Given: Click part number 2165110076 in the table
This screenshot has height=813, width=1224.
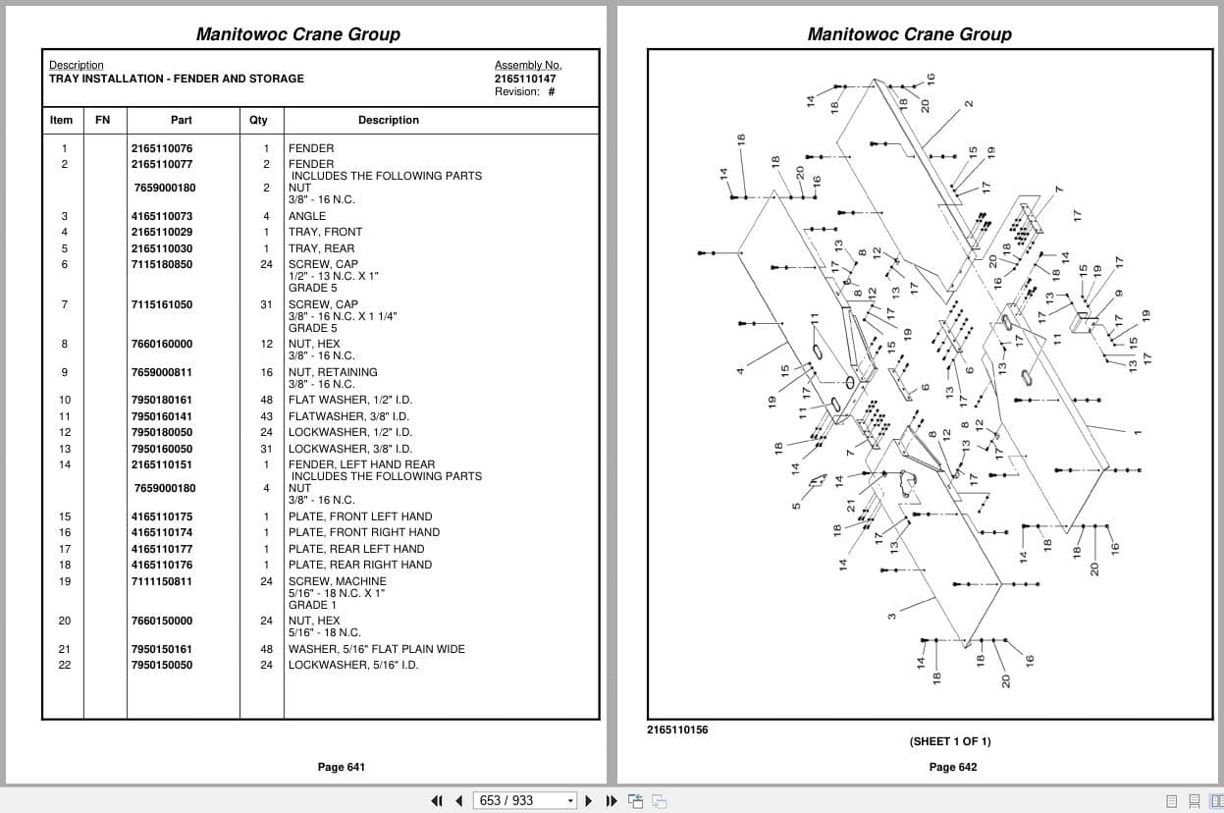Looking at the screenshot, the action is point(162,148).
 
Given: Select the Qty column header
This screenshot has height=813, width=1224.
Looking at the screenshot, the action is point(258,120).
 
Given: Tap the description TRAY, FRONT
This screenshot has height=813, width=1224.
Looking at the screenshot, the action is point(325,232).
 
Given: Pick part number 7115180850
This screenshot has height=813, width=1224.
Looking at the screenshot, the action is point(162,264).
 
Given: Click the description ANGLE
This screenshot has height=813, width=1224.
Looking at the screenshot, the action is point(307,216).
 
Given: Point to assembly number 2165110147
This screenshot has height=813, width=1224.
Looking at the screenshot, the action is point(525,79).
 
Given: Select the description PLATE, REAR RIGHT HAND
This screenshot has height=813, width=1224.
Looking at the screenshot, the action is point(360,565).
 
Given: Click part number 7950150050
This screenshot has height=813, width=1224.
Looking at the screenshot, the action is point(162,665).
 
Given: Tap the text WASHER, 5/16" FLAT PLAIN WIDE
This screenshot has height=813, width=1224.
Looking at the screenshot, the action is point(377,649).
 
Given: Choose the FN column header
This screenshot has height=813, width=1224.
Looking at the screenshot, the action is point(102,120).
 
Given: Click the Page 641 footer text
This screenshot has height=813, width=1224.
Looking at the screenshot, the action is point(341,767).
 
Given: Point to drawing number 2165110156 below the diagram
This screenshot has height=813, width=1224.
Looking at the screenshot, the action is point(677,730).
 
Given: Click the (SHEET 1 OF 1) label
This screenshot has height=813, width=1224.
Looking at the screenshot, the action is point(950,741).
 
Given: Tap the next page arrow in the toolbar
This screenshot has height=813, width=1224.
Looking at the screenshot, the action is point(589,801).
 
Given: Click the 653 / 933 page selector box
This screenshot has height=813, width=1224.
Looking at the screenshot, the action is point(524,801).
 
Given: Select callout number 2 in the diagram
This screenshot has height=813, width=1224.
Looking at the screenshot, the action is point(969,104).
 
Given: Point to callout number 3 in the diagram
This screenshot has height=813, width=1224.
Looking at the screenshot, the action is point(891,617).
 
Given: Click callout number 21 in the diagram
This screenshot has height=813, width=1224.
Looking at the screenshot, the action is point(851,506).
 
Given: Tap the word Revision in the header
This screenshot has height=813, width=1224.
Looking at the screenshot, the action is point(516,92).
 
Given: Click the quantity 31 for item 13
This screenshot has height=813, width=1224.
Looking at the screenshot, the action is point(266,449).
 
